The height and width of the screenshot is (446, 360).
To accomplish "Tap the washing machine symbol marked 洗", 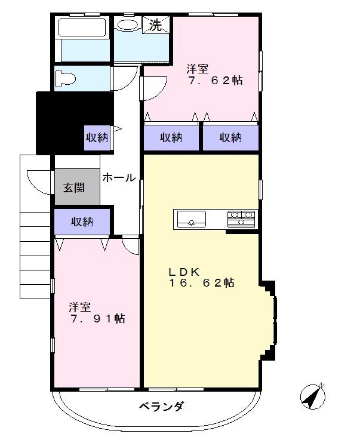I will [155, 26].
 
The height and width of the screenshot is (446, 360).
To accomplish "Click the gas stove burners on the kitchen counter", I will [241, 219].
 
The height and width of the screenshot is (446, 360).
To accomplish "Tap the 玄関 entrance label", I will [75, 187].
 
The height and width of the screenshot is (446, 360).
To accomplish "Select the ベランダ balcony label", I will [161, 407].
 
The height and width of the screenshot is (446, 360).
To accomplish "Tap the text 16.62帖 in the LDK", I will [201, 283].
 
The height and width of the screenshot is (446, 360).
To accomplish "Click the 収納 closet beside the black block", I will [97, 137].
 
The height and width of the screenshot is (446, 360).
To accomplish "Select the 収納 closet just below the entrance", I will [82, 222].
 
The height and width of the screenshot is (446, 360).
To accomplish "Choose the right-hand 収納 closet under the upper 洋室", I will [231, 137].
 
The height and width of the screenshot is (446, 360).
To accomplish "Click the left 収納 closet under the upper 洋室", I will [171, 137].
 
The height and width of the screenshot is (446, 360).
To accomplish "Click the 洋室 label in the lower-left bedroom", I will [79, 307].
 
